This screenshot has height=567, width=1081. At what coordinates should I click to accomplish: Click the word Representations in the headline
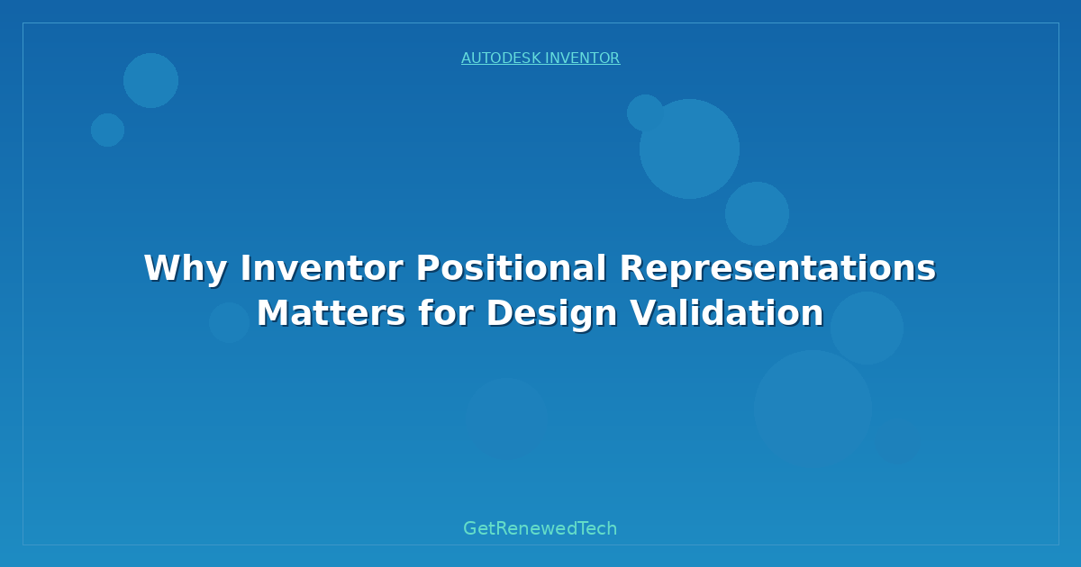pos(777,268)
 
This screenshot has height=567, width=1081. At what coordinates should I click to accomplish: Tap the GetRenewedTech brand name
pos(540,528)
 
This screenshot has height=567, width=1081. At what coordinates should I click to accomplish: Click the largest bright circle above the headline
pos(689,148)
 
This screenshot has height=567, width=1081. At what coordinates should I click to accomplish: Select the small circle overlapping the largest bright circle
pos(645,112)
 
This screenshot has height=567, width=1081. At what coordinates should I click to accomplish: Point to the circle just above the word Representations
pos(757,213)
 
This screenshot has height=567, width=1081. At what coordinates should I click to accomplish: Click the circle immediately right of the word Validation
pos(867,328)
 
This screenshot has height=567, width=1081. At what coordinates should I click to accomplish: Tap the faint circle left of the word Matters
pos(230,322)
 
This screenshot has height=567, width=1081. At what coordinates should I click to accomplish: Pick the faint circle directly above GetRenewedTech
pos(506,418)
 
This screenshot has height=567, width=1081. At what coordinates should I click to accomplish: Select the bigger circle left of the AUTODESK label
pos(150,80)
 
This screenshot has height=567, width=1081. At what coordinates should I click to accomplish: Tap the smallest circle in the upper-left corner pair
pos(107,130)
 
